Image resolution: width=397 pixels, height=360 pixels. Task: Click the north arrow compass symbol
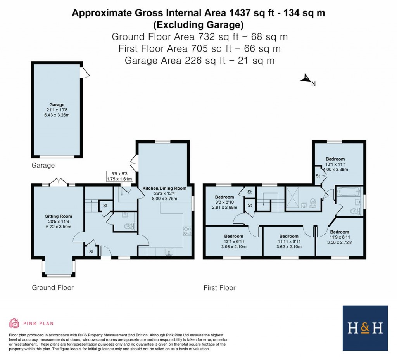click(306, 79)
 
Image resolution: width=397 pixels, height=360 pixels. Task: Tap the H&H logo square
click(365, 328)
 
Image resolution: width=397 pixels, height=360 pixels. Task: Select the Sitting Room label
click(59, 216)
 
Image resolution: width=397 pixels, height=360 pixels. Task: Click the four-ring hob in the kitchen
click(187, 231)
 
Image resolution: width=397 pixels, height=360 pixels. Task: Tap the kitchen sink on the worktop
click(169, 252)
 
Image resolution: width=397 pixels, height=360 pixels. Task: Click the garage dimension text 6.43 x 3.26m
click(57, 115)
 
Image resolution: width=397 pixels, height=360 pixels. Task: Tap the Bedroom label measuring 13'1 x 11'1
click(335, 159)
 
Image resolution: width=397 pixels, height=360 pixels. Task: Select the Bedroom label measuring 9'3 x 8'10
click(224, 197)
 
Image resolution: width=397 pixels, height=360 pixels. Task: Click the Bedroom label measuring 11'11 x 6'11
click(289, 236)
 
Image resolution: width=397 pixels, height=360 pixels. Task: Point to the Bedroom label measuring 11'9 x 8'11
click(339, 232)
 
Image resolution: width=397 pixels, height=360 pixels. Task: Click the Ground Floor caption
click(52, 287)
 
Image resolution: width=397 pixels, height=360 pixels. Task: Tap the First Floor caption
click(219, 288)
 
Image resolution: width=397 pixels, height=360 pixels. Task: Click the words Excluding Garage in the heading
click(198, 25)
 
